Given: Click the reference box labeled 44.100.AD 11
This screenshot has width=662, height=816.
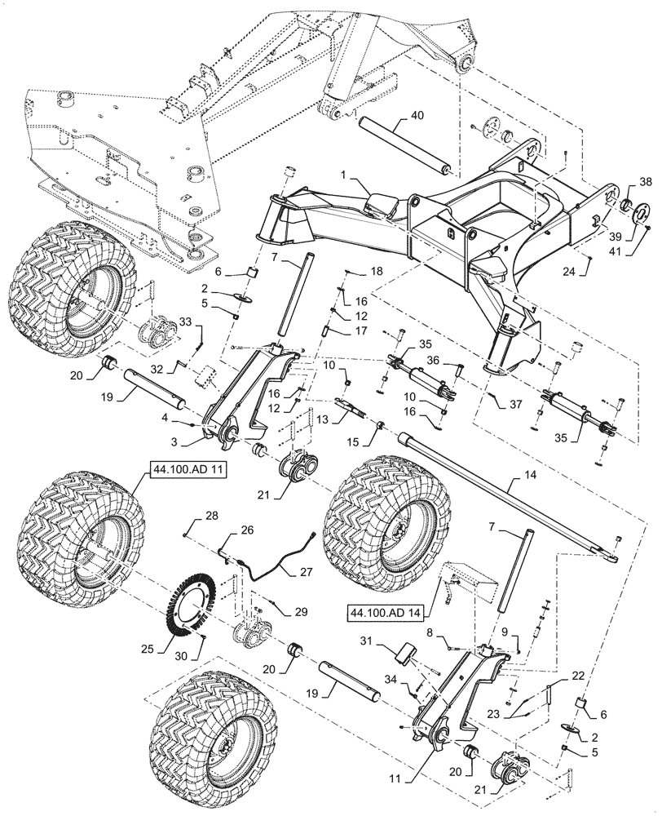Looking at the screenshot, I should [179, 471].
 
